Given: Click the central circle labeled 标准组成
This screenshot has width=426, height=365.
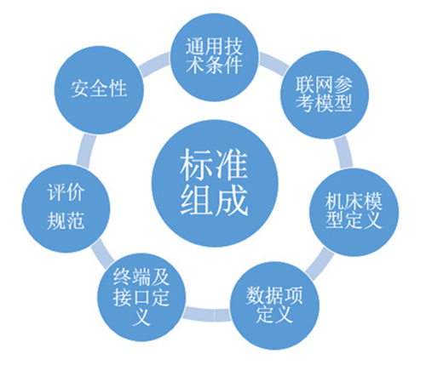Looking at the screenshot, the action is click(x=215, y=183).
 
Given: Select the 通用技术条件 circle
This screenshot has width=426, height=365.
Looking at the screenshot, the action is click(x=214, y=57).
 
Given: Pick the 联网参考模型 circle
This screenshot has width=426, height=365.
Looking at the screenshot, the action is click(x=325, y=94).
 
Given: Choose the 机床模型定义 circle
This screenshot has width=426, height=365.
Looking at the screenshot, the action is click(x=354, y=212).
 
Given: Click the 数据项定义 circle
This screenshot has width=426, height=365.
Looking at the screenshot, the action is click(x=274, y=306).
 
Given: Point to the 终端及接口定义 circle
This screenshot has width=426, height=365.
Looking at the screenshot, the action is click(x=141, y=297).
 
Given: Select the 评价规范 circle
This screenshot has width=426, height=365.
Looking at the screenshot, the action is click(x=66, y=208).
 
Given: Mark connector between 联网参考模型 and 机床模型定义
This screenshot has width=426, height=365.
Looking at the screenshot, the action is click(x=344, y=153).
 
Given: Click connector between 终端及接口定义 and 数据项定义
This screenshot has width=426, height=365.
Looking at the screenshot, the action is click(x=207, y=313).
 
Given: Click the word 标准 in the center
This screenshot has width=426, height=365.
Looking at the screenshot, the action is click(x=214, y=165).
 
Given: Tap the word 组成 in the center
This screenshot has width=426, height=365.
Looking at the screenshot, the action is click(x=214, y=200).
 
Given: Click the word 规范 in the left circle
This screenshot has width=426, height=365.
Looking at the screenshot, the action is click(x=66, y=220).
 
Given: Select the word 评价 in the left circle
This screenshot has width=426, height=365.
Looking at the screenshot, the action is click(x=66, y=192).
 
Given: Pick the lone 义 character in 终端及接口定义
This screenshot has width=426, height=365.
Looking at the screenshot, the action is click(x=141, y=317).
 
